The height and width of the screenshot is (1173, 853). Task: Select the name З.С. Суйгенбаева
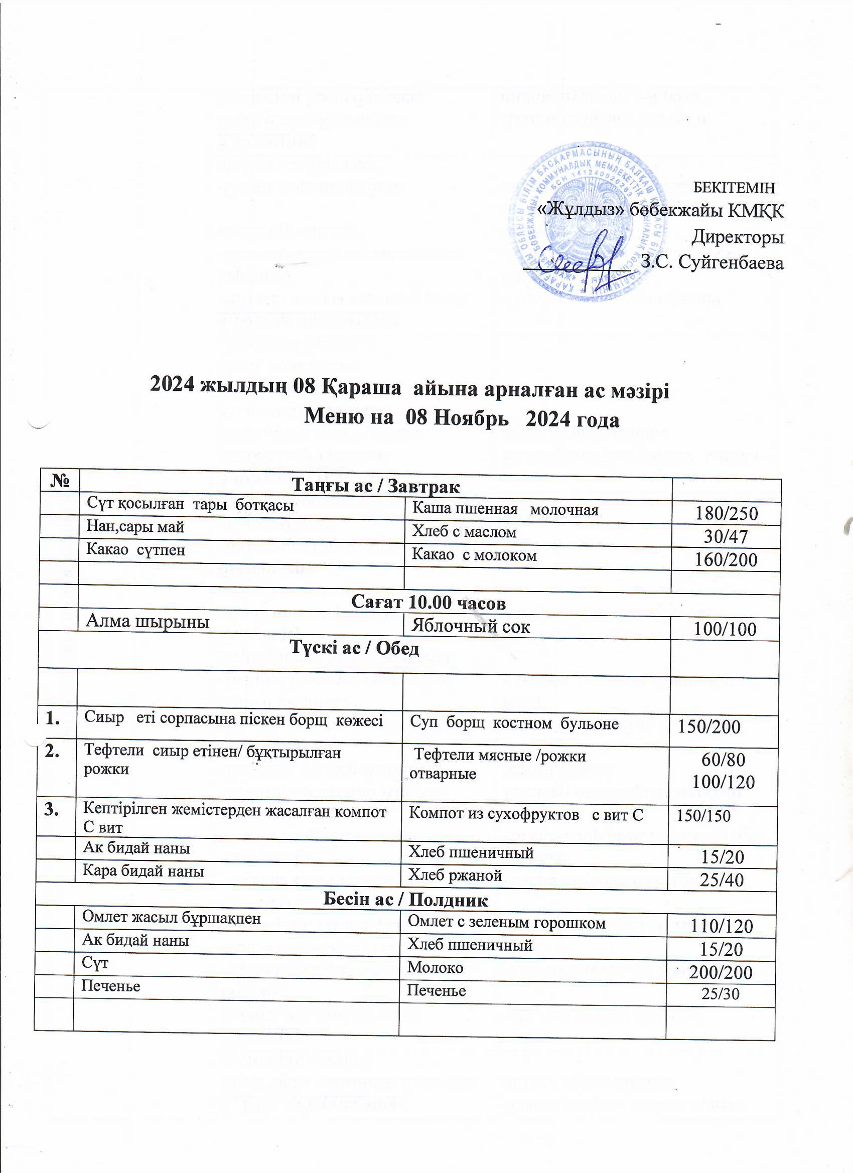712,262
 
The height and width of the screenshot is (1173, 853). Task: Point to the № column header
60,481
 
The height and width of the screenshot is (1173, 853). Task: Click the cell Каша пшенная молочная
504,510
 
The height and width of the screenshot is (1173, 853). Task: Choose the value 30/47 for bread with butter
726,537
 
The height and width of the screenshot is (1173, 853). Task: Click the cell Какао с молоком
474,555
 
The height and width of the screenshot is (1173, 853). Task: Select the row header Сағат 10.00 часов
428,603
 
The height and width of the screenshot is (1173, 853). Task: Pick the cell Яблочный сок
470,627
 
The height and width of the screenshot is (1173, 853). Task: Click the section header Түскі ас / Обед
354,649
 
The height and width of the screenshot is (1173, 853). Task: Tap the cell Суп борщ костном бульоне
514,723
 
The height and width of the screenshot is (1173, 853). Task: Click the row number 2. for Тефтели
53,752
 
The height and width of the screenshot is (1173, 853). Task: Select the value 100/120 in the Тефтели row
723,782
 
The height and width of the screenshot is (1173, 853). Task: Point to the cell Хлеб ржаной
455,875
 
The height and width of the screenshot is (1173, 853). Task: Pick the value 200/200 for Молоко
720,972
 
